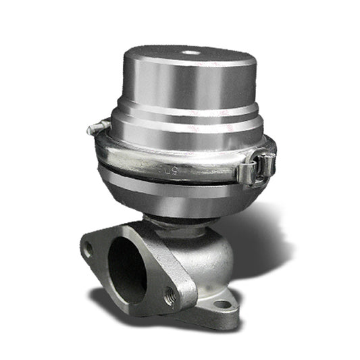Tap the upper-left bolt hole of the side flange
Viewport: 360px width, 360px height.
[x=88, y=251]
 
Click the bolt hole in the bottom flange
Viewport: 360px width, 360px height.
[x=222, y=304]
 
